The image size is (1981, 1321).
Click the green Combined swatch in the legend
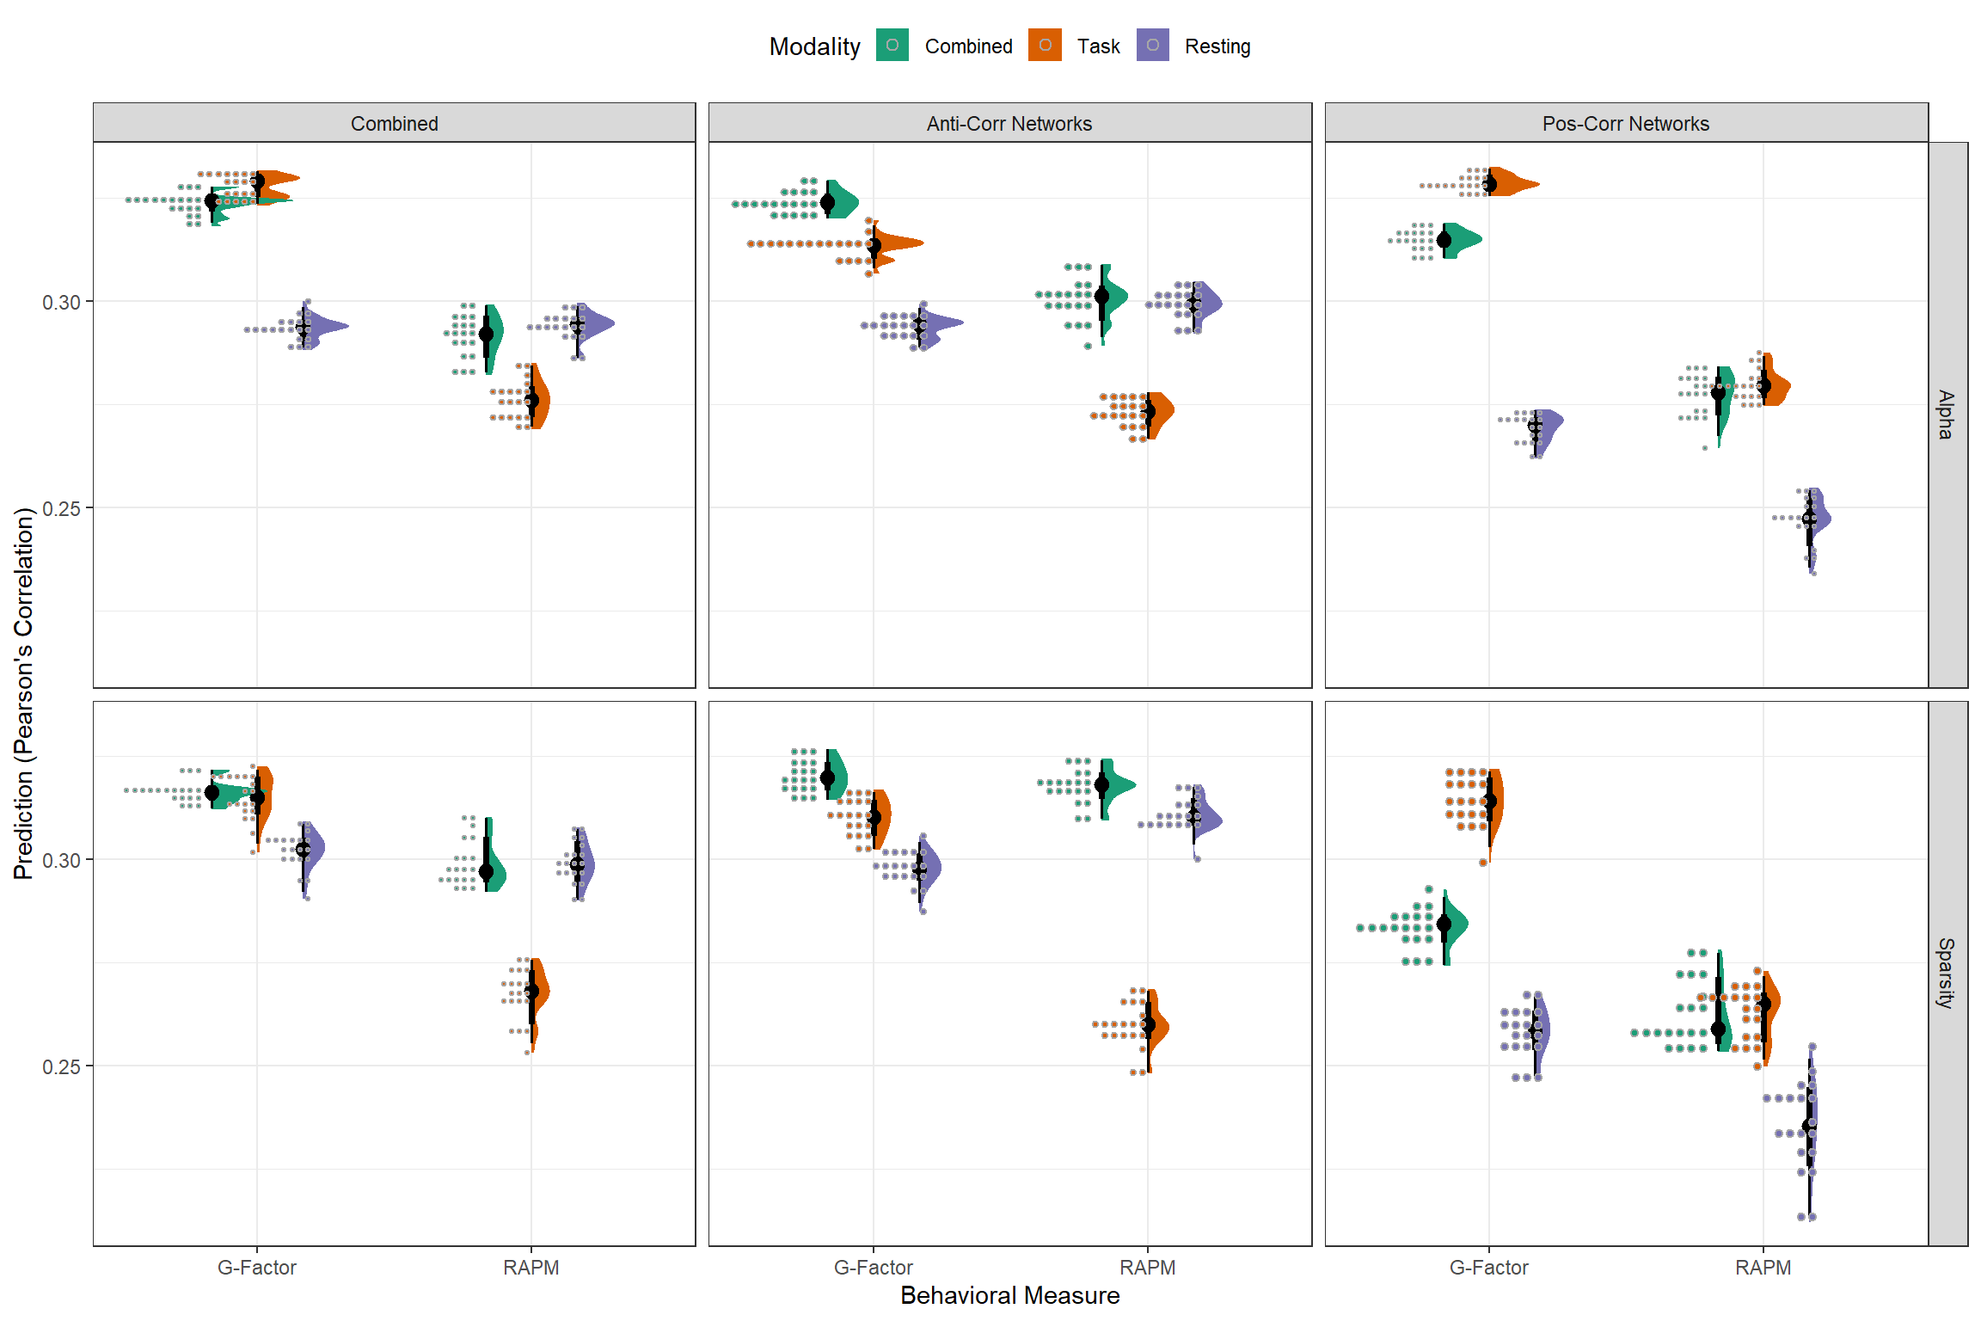pyautogui.click(x=892, y=46)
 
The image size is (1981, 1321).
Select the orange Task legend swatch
pyautogui.click(x=1045, y=46)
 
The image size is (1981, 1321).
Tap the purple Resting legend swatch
pyautogui.click(x=1152, y=46)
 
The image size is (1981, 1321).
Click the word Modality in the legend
pyautogui.click(x=814, y=46)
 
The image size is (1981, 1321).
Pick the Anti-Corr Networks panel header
pyautogui.click(x=1009, y=123)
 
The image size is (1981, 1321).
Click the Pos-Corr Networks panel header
pyautogui.click(x=1625, y=123)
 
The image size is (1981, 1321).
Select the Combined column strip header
pyautogui.click(x=394, y=123)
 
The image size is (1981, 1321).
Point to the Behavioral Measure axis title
pyautogui.click(x=1009, y=1295)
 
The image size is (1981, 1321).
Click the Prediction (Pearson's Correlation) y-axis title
pyautogui.click(x=23, y=693)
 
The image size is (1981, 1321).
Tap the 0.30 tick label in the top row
pyautogui.click(x=62, y=303)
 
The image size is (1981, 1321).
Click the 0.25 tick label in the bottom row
pyautogui.click(x=62, y=1067)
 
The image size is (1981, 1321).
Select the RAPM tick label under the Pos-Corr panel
pyautogui.click(x=1763, y=1268)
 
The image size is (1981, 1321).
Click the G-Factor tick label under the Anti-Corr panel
pyautogui.click(x=873, y=1268)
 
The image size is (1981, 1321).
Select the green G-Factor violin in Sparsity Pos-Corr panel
pyautogui.click(x=1454, y=925)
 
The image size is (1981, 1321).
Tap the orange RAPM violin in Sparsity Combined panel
pyautogui.click(x=540, y=993)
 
